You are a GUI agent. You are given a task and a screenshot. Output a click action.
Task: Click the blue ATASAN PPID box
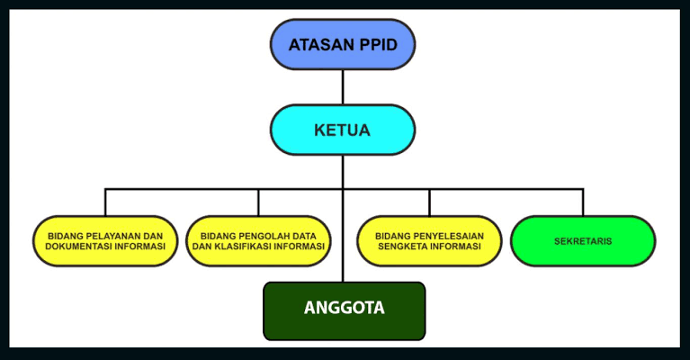tap(343, 44)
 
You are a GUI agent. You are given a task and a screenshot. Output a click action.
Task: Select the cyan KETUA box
tap(343, 130)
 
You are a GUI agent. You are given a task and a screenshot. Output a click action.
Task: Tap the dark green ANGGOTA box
tap(344, 310)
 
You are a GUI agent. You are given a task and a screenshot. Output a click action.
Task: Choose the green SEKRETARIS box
tap(582, 241)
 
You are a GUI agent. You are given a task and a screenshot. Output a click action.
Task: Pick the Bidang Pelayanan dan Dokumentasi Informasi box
tap(105, 241)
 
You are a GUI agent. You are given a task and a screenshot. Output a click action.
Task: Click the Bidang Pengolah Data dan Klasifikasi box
tap(259, 241)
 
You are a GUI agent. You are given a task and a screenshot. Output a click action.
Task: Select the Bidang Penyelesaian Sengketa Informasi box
tap(428, 241)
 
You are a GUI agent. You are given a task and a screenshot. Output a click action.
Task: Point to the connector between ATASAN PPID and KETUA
tap(343, 87)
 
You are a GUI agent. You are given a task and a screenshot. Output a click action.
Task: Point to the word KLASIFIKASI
tap(249, 247)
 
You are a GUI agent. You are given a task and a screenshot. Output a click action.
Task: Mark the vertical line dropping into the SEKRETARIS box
tap(582, 202)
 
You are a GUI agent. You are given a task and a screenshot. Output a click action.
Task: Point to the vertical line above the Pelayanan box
tap(105, 202)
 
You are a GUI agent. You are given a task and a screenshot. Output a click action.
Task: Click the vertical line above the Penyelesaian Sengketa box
tap(428, 202)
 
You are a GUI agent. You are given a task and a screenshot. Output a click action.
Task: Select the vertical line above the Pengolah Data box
tap(259, 202)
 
